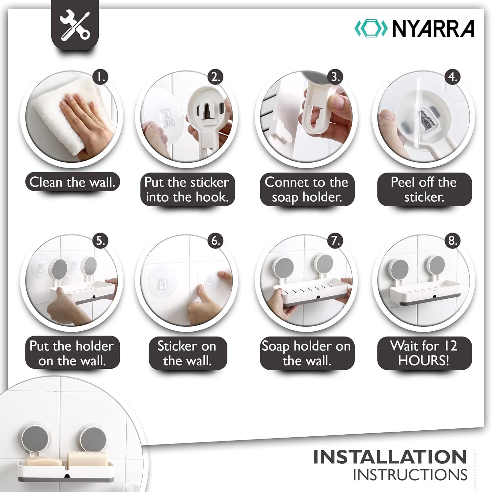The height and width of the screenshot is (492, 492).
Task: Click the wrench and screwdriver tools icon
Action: pos(75,25)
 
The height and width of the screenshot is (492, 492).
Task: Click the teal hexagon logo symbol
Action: pos(372,29)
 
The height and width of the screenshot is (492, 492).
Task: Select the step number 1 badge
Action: pos(100,77)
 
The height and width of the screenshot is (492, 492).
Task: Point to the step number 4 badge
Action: pos(453,77)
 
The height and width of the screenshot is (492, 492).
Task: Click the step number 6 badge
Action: pos(215,241)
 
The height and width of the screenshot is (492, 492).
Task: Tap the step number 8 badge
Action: pos(453,241)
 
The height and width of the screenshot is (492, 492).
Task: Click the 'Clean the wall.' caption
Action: pos(72,182)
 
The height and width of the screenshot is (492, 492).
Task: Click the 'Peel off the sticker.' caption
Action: pos(424,190)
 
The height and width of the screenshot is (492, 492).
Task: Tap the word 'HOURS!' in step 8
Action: pos(423,361)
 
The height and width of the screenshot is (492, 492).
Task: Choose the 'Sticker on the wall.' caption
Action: pos(187,353)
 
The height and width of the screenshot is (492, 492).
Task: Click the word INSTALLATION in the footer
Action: pos(390,457)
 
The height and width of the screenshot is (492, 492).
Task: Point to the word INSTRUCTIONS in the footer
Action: pos(410,475)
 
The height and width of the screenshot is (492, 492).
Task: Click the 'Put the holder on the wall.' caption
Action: pos(72,353)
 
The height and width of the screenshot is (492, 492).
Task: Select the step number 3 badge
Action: pos(335,77)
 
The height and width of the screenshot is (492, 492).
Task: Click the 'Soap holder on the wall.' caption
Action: pos(307,353)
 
